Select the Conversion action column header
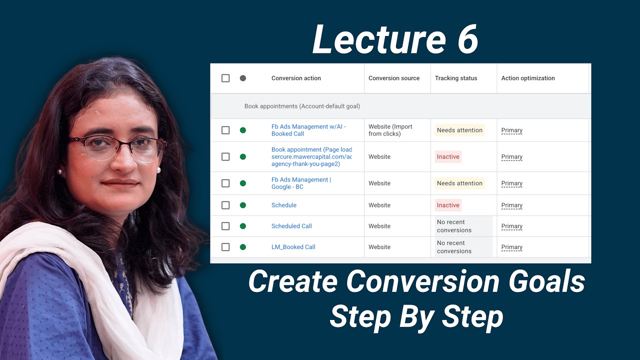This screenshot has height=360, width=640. coord(296,78)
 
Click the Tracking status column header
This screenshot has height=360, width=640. coord(456,78)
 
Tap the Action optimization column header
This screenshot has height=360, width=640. coord(528,78)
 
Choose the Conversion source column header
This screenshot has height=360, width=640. coord(394,78)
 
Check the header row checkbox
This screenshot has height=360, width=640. coord(225,78)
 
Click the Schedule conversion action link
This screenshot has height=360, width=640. coord(284,205)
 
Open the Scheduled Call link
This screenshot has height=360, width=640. coord(291,226)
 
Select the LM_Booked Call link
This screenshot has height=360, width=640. coord(293,247)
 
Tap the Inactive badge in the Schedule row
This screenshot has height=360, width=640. coord(448,205)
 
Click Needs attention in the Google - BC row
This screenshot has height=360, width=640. coord(459,183)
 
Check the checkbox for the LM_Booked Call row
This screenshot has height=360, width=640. coord(225,247)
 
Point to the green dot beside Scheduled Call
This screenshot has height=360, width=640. coord(243,226)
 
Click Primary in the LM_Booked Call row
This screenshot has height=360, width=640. coord(512,247)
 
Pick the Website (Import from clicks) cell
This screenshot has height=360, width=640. coord(390,130)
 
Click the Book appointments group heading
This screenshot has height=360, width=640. coord(302,106)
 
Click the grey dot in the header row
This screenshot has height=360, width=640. coord(243,78)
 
